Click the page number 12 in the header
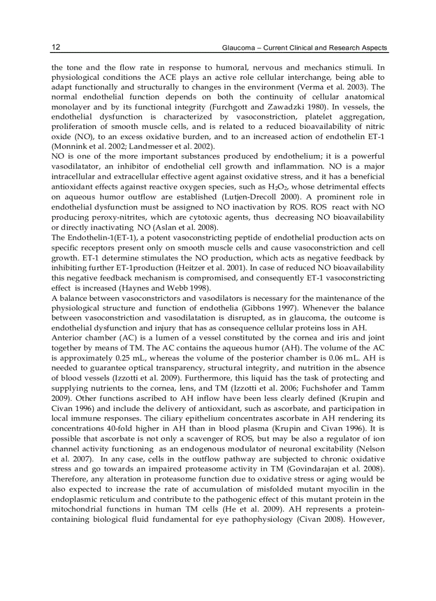[56, 48]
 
